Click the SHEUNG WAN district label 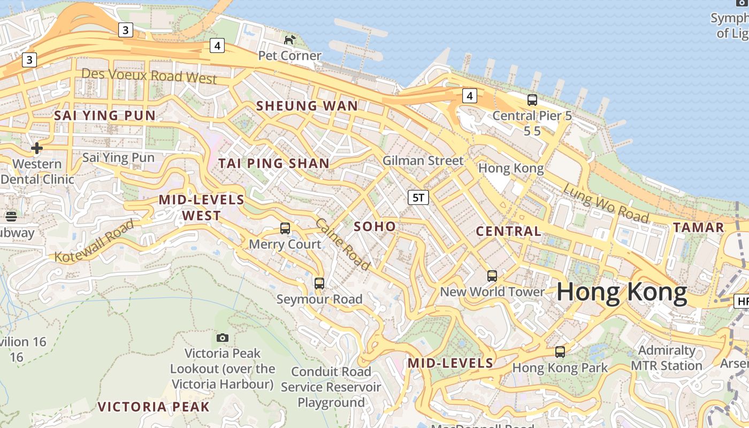[x=307, y=106]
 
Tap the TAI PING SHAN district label [x=274, y=164]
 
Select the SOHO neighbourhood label [x=375, y=226]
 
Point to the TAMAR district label [x=698, y=227]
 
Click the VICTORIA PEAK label [x=154, y=407]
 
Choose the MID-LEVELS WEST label [x=201, y=208]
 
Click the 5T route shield [x=418, y=197]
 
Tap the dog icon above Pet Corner [x=289, y=40]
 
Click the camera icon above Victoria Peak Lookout [x=223, y=338]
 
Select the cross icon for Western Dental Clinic [x=37, y=148]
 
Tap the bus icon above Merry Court [x=285, y=228]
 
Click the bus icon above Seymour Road [x=319, y=284]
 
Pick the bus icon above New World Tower [x=492, y=276]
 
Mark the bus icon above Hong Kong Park [x=560, y=352]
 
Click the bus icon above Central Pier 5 [x=532, y=100]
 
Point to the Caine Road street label [x=342, y=244]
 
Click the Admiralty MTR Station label [x=666, y=358]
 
